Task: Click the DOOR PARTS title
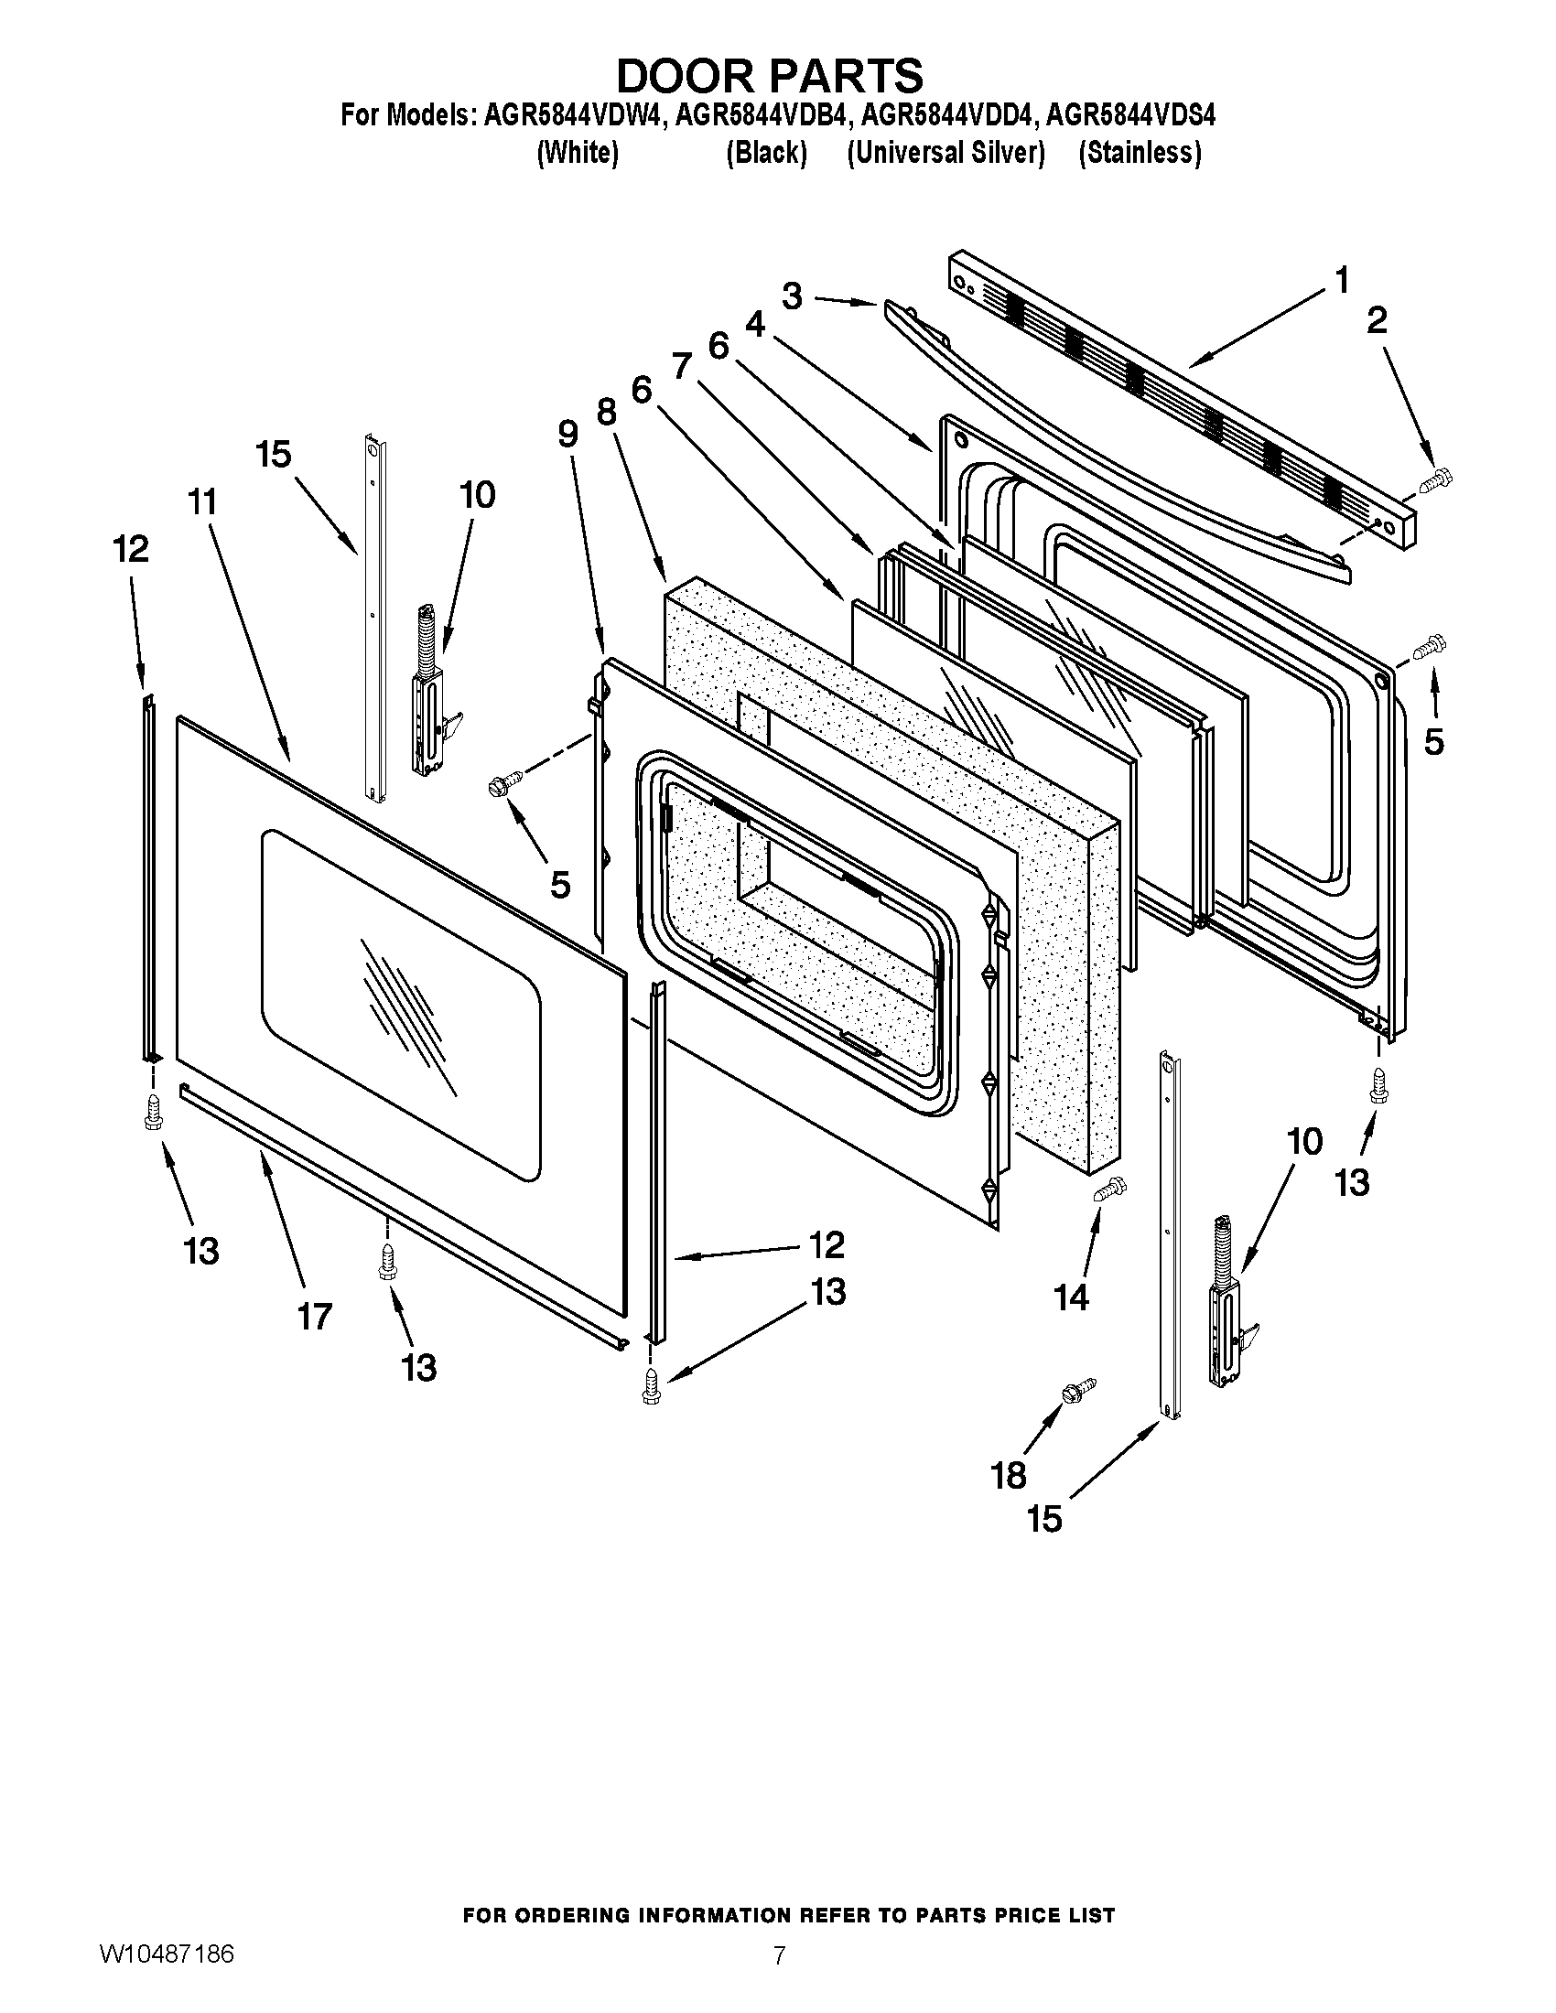pyautogui.click(x=769, y=76)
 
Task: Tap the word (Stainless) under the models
pyautogui.click(x=1140, y=152)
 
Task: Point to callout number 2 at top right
pyautogui.click(x=1376, y=321)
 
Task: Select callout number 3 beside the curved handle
pyautogui.click(x=791, y=296)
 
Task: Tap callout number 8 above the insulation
pyautogui.click(x=606, y=411)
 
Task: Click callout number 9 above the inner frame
pyautogui.click(x=567, y=433)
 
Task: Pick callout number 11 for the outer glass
pyautogui.click(x=202, y=502)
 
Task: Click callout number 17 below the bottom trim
pyautogui.click(x=313, y=1316)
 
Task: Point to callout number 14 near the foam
pyautogui.click(x=1071, y=1297)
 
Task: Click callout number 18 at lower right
pyautogui.click(x=1009, y=1476)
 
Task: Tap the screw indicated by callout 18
pyautogui.click(x=1079, y=1391)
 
